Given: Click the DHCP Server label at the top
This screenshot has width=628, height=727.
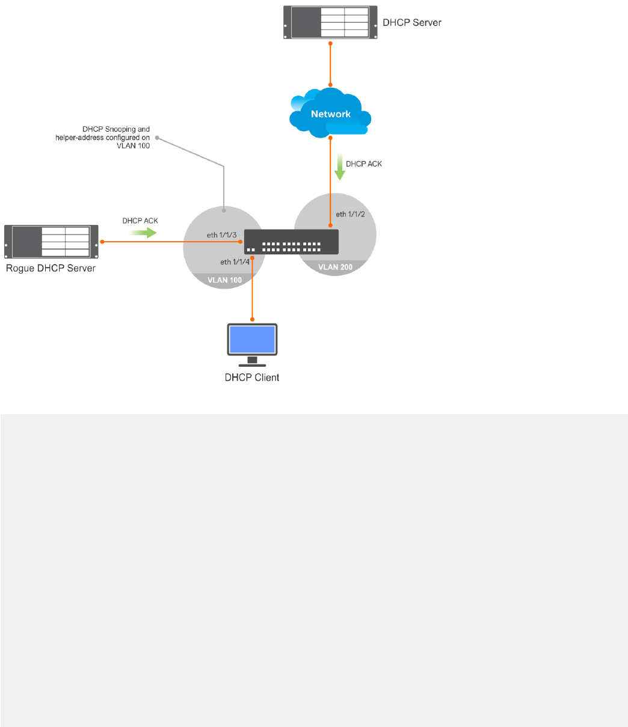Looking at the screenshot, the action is pyautogui.click(x=411, y=22).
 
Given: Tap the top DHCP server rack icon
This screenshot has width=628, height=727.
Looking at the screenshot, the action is pyautogui.click(x=330, y=22).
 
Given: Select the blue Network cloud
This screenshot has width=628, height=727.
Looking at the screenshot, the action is pyautogui.click(x=330, y=112).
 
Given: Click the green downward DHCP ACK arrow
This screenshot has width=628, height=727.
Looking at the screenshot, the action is pyautogui.click(x=339, y=167).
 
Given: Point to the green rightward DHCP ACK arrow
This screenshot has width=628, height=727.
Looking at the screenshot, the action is pyautogui.click(x=143, y=233).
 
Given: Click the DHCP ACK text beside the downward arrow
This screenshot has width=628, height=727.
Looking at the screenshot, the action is pyautogui.click(x=364, y=164).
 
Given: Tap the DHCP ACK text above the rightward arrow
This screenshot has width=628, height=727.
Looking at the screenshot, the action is pyautogui.click(x=140, y=221).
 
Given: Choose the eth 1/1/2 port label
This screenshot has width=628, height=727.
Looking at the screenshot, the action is pyautogui.click(x=350, y=214).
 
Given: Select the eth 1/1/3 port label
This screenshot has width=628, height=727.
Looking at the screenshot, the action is pyautogui.click(x=221, y=235).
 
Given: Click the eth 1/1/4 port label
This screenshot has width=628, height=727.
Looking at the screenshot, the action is pyautogui.click(x=235, y=262).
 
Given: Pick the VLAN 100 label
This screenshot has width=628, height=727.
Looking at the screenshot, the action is pyautogui.click(x=224, y=280).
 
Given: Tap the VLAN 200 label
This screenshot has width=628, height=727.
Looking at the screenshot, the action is pyautogui.click(x=335, y=267).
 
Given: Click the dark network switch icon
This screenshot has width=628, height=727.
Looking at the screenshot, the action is pyautogui.click(x=291, y=242).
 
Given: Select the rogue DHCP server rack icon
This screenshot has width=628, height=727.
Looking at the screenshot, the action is pyautogui.click(x=51, y=242).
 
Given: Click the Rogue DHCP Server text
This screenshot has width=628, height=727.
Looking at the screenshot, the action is pyautogui.click(x=51, y=268).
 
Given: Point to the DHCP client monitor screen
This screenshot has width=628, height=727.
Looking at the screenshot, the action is pyautogui.click(x=252, y=339).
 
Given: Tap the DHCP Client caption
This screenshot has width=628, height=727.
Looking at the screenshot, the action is pyautogui.click(x=252, y=378).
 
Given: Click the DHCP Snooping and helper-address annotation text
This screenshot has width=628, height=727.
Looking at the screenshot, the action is pyautogui.click(x=102, y=138).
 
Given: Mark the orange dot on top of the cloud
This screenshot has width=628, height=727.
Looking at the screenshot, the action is pyautogui.click(x=330, y=85).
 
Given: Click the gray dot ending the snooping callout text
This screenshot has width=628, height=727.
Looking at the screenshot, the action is pyautogui.click(x=157, y=138).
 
